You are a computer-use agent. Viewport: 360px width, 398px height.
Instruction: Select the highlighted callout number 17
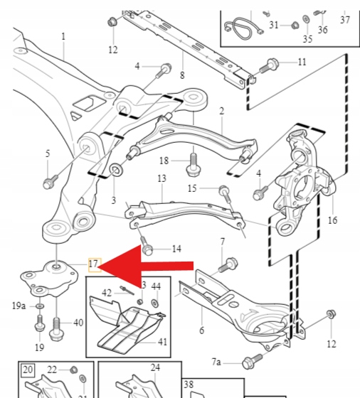coord(93,264)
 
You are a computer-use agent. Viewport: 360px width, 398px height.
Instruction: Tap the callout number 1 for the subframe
coord(63,36)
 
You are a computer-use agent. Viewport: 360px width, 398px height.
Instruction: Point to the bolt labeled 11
coord(269,65)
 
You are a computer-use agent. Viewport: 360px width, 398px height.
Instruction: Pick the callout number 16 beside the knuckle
coord(332,220)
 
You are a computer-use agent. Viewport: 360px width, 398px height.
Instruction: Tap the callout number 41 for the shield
coord(163,342)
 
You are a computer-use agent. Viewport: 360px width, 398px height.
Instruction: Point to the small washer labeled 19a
coord(40,306)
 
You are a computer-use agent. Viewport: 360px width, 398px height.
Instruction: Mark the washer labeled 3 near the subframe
coord(116,170)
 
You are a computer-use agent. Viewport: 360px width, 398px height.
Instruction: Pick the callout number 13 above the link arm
coord(162,178)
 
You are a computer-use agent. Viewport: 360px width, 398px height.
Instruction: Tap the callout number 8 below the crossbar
coord(182,75)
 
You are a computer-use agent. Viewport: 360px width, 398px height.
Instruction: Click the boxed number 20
coord(28,370)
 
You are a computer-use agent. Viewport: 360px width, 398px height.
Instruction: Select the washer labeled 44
coord(154,303)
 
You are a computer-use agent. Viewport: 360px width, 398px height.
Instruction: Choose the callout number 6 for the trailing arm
coord(202,330)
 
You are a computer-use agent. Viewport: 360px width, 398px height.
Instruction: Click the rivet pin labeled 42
coord(127,291)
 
